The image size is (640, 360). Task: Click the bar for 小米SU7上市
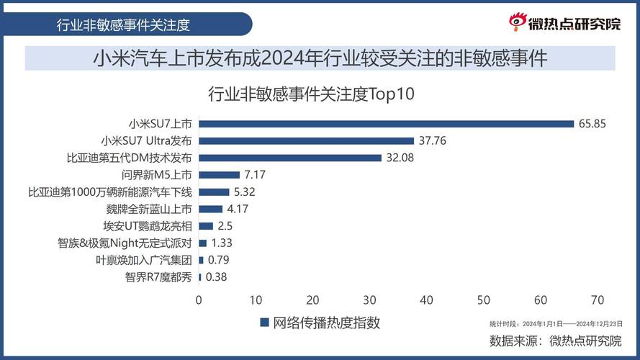[386, 124]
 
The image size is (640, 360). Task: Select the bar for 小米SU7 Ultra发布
[306, 141]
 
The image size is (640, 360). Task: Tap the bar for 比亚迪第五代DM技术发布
[289, 158]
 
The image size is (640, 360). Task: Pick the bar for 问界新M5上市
[219, 175]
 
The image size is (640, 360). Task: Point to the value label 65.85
[592, 124]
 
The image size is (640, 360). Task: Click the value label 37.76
[432, 141]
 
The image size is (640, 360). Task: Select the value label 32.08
[400, 158]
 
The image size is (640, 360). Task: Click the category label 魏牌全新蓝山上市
[149, 210]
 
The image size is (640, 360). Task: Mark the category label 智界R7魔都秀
[158, 277]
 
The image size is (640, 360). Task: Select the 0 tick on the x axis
[199, 299]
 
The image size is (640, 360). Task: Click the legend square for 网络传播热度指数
[264, 323]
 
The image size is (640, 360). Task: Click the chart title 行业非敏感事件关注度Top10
[312, 94]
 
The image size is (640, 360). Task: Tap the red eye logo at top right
[518, 22]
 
